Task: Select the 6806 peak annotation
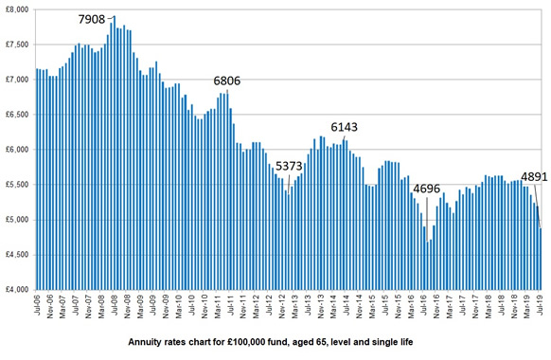coord(226,81)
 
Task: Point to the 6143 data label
coord(346,127)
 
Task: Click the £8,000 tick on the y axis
coord(17,9)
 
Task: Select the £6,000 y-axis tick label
coord(17,150)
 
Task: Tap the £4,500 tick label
coord(17,255)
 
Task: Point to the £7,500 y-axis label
coord(17,45)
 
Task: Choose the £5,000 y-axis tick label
coord(17,220)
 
